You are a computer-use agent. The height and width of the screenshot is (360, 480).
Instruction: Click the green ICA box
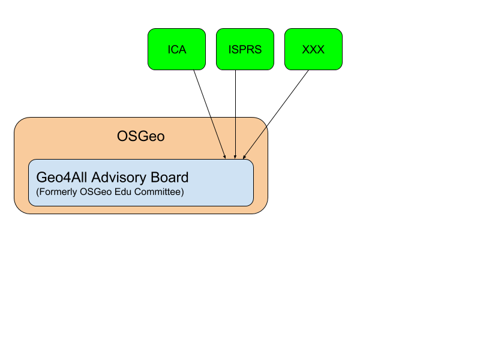(176, 49)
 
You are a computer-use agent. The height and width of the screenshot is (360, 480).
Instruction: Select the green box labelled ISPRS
(245, 49)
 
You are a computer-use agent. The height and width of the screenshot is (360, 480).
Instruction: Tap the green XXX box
(313, 49)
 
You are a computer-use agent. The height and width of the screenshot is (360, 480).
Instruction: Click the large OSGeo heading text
(140, 137)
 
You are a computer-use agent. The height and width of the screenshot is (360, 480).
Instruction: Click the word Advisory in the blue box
(120, 178)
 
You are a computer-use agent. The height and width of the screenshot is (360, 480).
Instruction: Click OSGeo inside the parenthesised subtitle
(100, 193)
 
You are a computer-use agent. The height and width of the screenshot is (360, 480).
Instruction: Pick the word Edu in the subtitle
(127, 193)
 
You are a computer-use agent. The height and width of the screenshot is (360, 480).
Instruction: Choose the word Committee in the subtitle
(161, 193)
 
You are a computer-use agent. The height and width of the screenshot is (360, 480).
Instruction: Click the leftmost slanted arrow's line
(218, 137)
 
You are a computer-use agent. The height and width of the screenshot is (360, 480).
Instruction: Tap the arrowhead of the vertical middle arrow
(235, 157)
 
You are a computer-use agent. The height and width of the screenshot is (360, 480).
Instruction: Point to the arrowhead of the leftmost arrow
(225, 157)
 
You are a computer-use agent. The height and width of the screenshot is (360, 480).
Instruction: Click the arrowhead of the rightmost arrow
(244, 157)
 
